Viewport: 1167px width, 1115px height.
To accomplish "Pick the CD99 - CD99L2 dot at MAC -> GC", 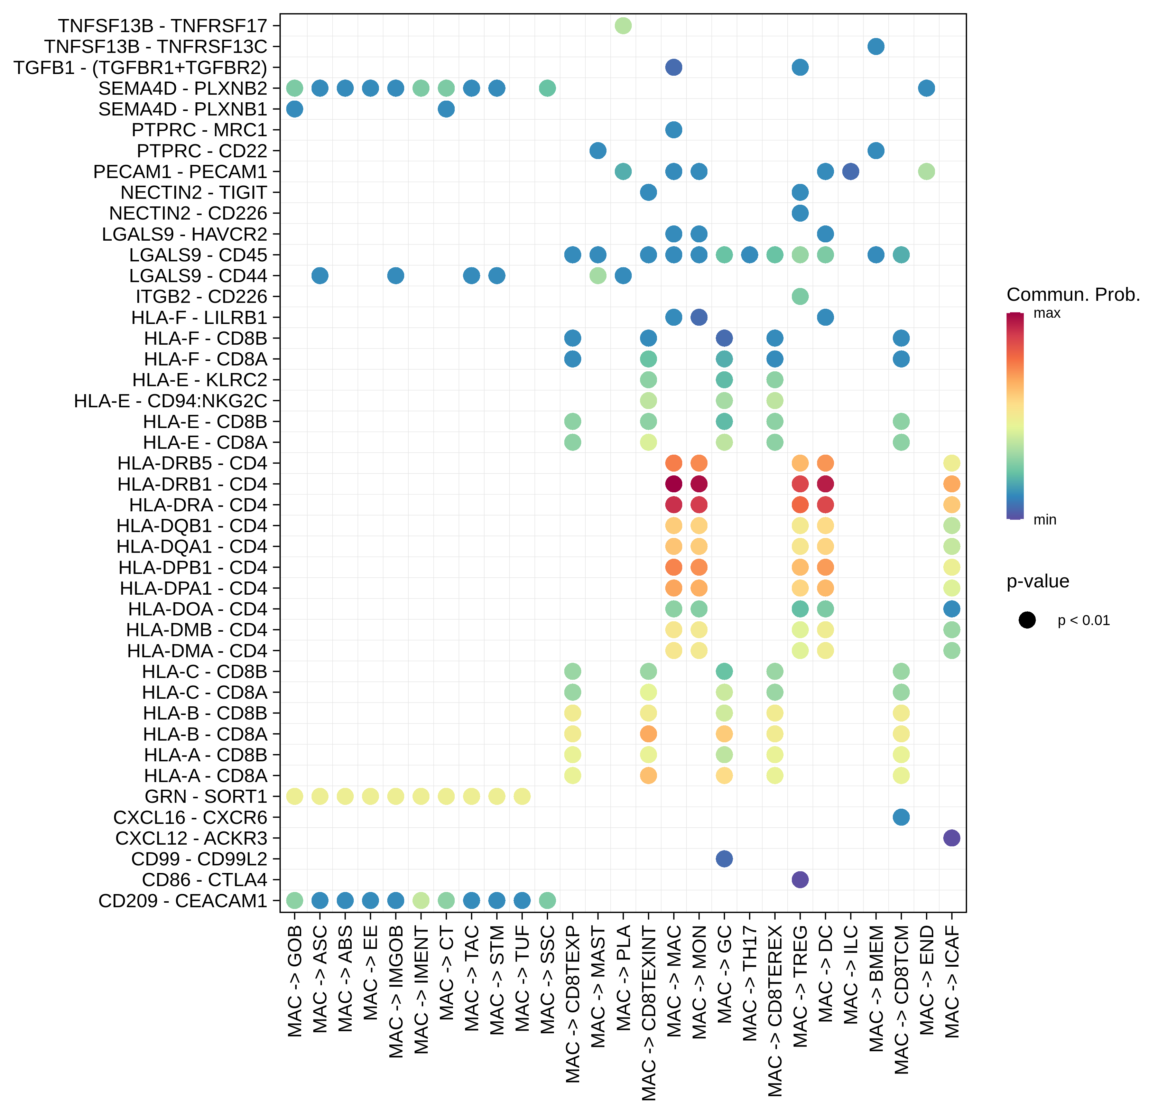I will point(724,859).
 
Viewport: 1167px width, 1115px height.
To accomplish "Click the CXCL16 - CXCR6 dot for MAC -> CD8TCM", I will point(901,817).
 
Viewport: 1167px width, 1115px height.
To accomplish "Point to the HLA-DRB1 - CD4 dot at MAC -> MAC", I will point(674,484).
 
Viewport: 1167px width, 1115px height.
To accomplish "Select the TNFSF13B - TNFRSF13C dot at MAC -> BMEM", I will point(876,46).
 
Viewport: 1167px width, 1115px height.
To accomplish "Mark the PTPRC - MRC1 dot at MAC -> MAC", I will point(674,130).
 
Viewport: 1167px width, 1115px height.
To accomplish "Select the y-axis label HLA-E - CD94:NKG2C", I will point(170,401).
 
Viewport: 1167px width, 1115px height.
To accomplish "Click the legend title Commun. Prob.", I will point(1073,295).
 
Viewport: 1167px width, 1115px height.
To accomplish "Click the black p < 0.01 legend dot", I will point(1027,620).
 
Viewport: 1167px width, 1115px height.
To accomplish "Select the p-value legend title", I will point(1037,581).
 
